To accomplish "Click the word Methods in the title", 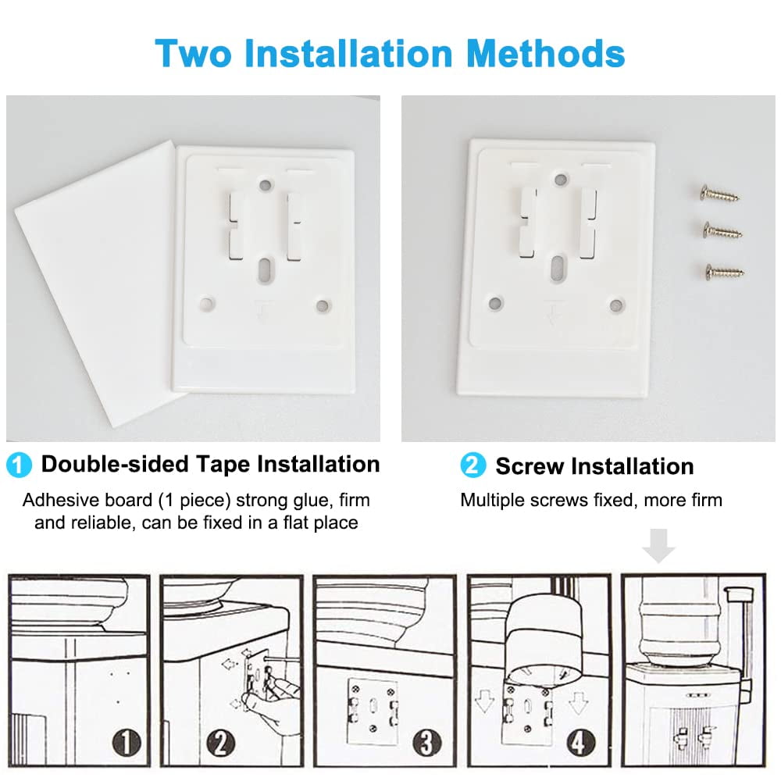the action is (546, 53).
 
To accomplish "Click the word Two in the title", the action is (193, 53).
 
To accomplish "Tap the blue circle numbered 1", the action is (19, 465).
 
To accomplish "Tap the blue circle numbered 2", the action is (473, 465).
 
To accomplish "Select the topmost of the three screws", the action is (720, 194).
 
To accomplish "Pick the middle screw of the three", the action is (722, 231).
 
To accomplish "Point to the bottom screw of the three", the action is (725, 272).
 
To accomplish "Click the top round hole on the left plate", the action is (266, 186).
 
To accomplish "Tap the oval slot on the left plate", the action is (264, 269).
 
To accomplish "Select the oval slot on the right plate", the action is (558, 267).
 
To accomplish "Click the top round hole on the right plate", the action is (562, 180).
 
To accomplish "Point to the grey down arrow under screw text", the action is (658, 546).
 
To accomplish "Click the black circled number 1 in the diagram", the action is (127, 743).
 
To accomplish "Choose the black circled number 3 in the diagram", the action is (427, 744).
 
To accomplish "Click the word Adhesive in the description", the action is (87, 500).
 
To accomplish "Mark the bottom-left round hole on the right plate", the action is (496, 303).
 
